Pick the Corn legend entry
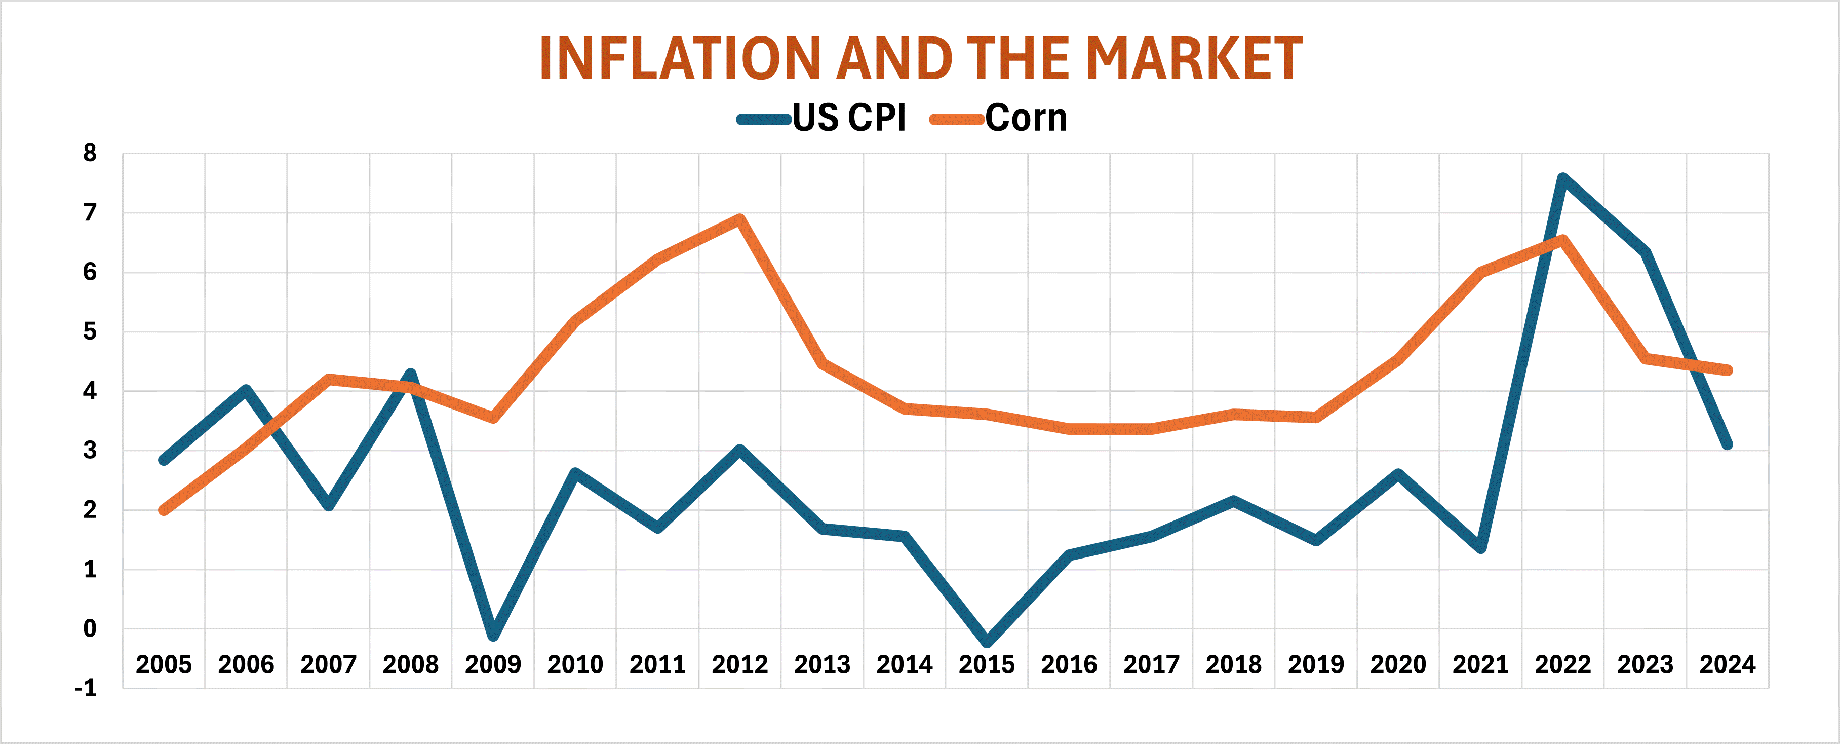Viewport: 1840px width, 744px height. tap(1000, 118)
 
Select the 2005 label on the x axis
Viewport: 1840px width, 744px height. tap(164, 664)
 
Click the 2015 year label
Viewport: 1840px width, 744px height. tap(987, 664)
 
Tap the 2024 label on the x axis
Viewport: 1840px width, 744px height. tap(1727, 664)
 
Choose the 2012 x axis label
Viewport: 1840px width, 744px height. tap(739, 664)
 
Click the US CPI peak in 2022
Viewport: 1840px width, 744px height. tap(1563, 178)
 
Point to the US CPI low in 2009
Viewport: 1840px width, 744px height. tap(493, 635)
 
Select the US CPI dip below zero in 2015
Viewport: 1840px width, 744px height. tap(987, 641)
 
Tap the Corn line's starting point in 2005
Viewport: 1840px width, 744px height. tap(164, 510)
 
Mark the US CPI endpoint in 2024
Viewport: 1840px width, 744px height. tap(1727, 444)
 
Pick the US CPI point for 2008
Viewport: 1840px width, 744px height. tap(411, 374)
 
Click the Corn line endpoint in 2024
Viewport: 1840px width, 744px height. tap(1727, 370)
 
